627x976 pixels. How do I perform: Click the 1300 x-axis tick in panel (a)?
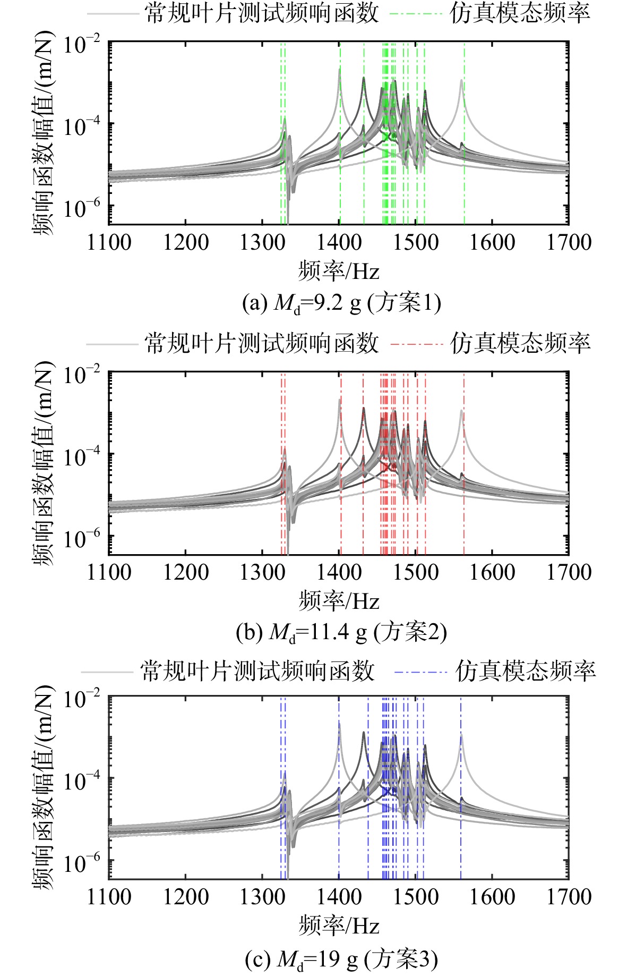pos(262,242)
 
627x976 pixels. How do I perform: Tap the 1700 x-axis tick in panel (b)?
pos(569,572)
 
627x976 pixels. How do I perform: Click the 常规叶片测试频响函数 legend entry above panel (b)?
pos(233,343)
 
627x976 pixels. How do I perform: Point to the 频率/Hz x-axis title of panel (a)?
pos(339,271)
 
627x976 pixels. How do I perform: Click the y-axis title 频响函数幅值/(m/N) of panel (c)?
pos(45,791)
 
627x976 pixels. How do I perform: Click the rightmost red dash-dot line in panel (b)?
pos(464,464)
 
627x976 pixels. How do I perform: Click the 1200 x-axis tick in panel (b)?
pos(186,572)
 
